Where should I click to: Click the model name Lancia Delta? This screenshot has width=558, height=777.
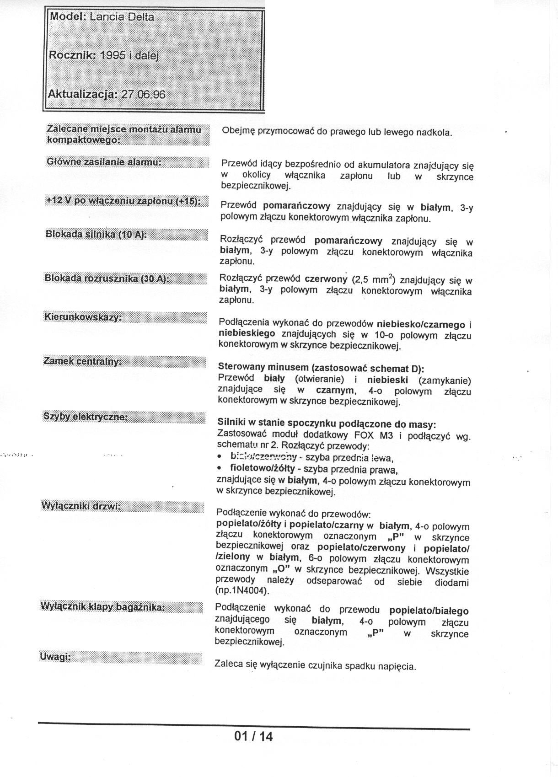[122, 17]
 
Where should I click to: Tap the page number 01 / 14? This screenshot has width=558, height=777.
[253, 736]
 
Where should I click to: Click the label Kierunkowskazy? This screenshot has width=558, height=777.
[83, 317]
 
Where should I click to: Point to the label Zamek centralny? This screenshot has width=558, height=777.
[82, 361]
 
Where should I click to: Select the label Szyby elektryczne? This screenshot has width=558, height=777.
[86, 416]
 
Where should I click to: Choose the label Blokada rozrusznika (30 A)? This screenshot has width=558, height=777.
[106, 279]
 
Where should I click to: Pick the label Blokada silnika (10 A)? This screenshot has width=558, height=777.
[96, 235]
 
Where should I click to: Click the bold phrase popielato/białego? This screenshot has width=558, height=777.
[429, 611]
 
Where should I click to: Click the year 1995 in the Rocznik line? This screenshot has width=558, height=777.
[113, 55]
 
